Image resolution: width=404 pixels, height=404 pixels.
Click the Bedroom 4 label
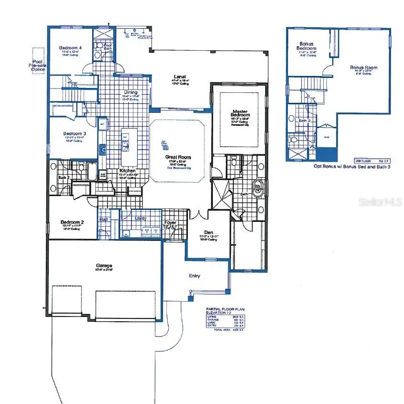point(70,48)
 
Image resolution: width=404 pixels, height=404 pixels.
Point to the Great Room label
point(178,156)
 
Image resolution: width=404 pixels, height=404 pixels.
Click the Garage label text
point(104,265)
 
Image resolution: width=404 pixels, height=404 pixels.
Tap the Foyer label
point(171,223)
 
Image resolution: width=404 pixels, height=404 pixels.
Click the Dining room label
point(131,92)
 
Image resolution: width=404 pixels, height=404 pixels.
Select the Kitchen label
point(127,171)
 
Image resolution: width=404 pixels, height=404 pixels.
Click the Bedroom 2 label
point(72,222)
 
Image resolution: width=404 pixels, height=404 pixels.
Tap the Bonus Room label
point(363,68)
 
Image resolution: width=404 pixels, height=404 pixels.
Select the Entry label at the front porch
point(195,276)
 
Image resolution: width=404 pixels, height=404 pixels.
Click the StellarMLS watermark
point(381,203)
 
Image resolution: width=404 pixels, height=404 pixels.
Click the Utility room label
point(141,218)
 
